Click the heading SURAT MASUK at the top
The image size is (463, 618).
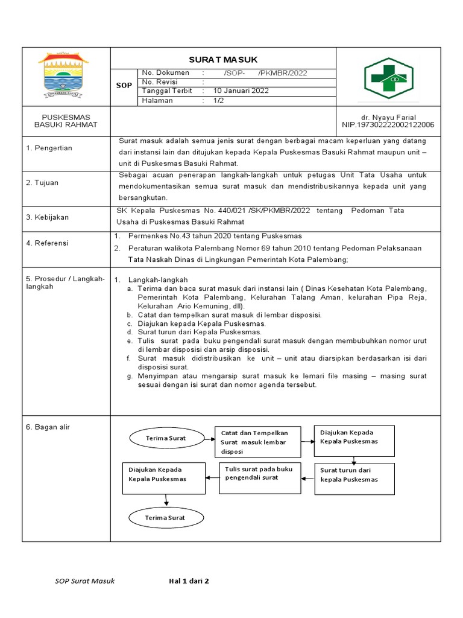[x=223, y=59]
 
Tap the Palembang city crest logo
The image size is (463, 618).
[x=65, y=75]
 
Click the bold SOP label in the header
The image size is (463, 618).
[x=124, y=86]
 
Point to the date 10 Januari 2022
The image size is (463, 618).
[x=238, y=91]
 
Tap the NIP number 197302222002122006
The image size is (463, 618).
[x=388, y=125]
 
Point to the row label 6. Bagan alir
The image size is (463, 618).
[x=48, y=427]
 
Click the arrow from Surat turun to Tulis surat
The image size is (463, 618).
[x=307, y=479]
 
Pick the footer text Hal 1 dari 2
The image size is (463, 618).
[x=189, y=581]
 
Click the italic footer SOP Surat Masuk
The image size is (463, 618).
[x=84, y=581]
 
